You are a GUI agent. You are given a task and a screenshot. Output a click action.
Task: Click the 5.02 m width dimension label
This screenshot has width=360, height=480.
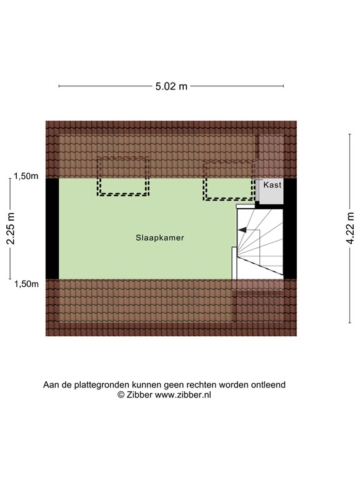click(x=171, y=86)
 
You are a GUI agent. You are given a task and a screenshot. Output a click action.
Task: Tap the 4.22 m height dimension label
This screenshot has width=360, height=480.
click(x=350, y=228)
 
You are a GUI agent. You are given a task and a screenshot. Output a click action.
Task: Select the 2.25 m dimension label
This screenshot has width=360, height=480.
click(x=11, y=228)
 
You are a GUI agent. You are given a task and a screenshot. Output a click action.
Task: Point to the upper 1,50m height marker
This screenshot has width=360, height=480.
click(x=26, y=176)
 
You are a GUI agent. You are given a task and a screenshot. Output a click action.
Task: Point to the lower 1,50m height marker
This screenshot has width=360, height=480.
click(x=27, y=284)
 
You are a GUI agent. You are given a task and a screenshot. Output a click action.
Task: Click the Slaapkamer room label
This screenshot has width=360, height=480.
click(x=160, y=238)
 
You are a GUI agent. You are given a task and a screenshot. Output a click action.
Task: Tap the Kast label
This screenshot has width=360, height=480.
click(x=272, y=185)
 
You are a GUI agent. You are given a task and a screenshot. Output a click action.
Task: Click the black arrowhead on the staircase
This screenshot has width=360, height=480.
click(x=242, y=229)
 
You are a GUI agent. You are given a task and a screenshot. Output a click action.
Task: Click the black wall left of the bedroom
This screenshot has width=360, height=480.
click(x=52, y=229)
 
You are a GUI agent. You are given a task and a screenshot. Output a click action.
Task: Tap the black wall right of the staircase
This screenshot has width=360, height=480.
click(x=289, y=229)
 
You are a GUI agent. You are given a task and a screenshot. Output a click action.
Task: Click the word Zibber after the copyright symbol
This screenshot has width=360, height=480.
click(x=139, y=395)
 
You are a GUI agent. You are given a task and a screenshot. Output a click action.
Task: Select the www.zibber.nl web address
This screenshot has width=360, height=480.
click(x=183, y=395)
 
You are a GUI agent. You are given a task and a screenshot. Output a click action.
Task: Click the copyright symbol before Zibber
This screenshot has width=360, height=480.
click(x=121, y=395)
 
